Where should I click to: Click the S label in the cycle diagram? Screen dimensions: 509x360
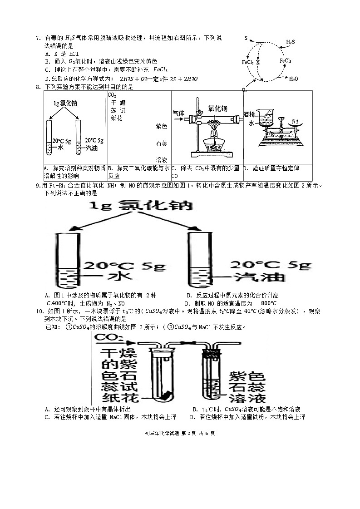coord(246,39)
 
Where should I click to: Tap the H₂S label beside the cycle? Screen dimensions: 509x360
coord(290,42)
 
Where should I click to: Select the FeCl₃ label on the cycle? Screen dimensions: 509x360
coord(286,60)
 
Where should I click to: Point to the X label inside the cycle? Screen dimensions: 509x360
coord(257,62)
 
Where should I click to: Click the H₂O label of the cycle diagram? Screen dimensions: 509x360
coord(294,79)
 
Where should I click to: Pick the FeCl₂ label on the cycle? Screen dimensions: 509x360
coord(248,62)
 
